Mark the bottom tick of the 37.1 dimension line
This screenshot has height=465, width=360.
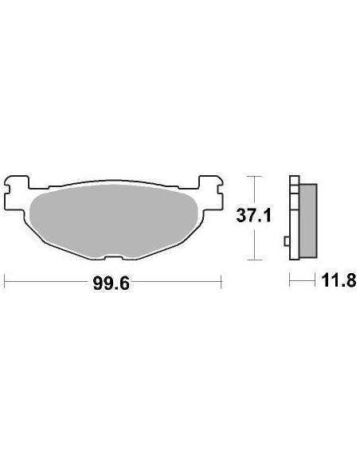point(252,260)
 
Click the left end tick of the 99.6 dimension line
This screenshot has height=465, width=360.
point(6,281)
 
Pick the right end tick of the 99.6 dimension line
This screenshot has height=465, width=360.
point(220,281)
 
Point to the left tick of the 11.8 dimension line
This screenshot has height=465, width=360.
point(290,281)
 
